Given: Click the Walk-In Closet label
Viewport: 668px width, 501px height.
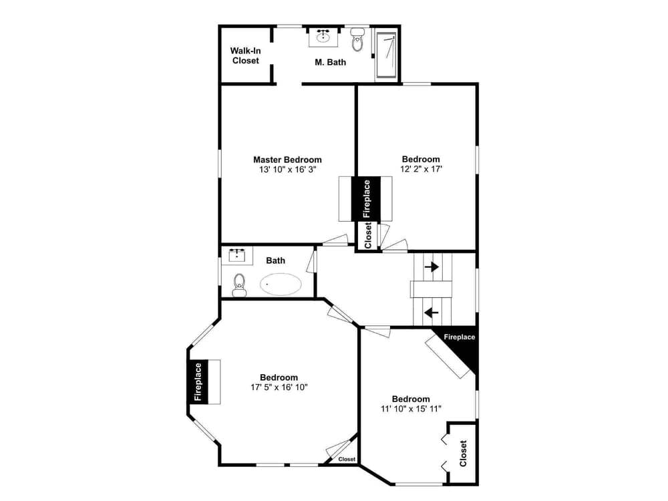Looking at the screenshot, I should pyautogui.click(x=245, y=55).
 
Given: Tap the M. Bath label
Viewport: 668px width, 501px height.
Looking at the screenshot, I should pyautogui.click(x=330, y=62).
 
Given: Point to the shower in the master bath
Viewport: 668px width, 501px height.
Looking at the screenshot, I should pyautogui.click(x=387, y=55).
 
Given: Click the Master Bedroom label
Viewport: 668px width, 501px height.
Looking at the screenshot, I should pyautogui.click(x=287, y=160).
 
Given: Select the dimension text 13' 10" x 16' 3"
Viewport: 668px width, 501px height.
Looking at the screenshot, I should pyautogui.click(x=287, y=170).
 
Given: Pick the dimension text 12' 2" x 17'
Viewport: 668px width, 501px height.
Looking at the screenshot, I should pyautogui.click(x=421, y=170).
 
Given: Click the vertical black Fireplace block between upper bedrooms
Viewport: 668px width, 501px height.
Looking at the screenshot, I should pyautogui.click(x=366, y=198).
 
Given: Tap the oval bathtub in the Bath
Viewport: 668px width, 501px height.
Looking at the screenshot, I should pyautogui.click(x=281, y=285).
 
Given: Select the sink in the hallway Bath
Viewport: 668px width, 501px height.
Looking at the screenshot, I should pyautogui.click(x=238, y=255).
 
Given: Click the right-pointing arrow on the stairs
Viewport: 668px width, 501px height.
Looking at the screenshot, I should pyautogui.click(x=432, y=267).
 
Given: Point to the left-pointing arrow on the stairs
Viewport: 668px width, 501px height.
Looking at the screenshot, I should pyautogui.click(x=432, y=311).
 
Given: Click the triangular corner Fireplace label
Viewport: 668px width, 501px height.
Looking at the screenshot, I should pyautogui.click(x=460, y=337).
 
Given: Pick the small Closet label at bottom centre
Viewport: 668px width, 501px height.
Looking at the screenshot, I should pyautogui.click(x=347, y=459).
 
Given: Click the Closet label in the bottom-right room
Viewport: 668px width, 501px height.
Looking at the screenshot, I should pyautogui.click(x=463, y=454).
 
